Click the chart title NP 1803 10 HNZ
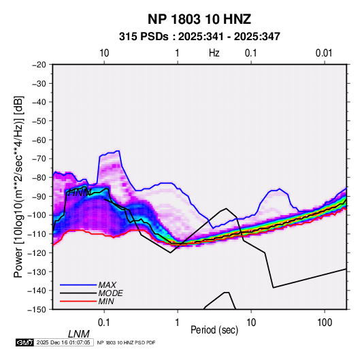coord(199,19)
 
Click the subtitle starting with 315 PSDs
coord(199,37)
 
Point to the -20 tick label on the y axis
coord(39,65)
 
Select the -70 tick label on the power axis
coord(39,159)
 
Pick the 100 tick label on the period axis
coord(325,323)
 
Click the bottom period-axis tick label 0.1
coord(104,323)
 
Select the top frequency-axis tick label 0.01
coord(324,53)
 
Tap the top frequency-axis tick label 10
coord(104,53)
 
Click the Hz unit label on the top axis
coord(214,53)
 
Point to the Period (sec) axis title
coord(214,330)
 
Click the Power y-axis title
coord(18,186)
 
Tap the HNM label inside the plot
coord(80,193)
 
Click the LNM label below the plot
coord(78,334)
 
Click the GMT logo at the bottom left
coord(25,342)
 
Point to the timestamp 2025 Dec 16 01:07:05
coord(63,342)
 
